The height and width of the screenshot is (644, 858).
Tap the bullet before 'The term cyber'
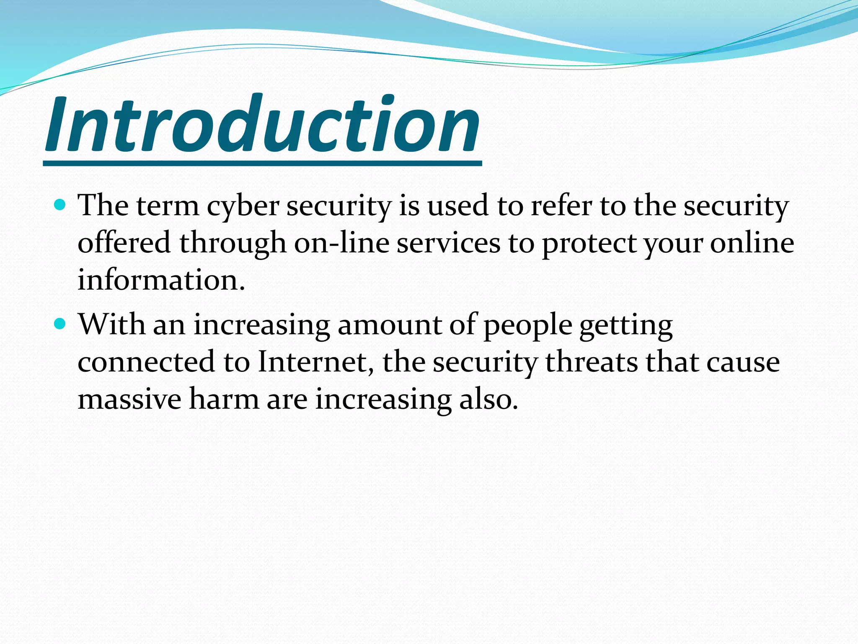point(60,205)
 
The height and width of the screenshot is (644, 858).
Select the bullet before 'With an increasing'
point(60,324)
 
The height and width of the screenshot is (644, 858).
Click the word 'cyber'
point(243,206)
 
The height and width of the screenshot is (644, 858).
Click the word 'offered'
point(124,243)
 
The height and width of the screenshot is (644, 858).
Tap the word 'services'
point(448,243)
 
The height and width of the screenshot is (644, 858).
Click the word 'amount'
point(389,325)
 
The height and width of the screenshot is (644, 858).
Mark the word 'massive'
point(129,399)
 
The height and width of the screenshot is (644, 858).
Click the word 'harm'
point(224,399)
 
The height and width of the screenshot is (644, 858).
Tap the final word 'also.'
point(488,399)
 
